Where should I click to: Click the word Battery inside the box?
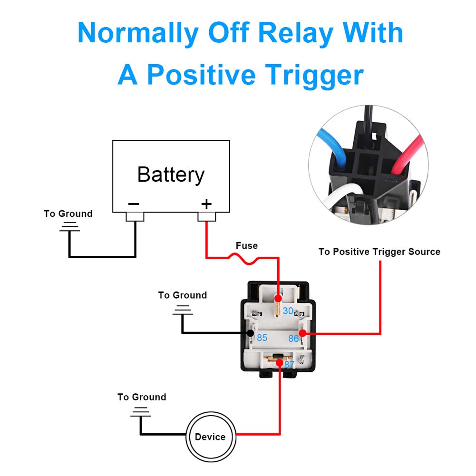tap(171, 175)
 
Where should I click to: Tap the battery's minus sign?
tap(134, 204)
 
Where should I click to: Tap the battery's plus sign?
tap(206, 204)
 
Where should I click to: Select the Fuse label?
tap(247, 245)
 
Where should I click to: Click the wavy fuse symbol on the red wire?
tap(244, 260)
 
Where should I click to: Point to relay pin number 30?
tap(288, 311)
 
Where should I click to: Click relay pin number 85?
tap(262, 338)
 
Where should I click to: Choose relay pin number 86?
tap(293, 339)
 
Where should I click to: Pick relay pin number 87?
tap(289, 364)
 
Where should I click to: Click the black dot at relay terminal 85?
tap(251, 333)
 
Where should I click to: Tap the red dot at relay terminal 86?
tap(302, 333)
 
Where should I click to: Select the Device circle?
tap(211, 437)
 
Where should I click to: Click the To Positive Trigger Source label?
tap(379, 252)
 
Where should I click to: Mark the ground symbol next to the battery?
tap(69, 227)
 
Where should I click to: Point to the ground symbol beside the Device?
tap(140, 412)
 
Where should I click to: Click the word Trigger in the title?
tap(314, 75)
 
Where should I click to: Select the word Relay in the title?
tap(296, 33)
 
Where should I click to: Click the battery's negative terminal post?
tap(135, 217)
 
